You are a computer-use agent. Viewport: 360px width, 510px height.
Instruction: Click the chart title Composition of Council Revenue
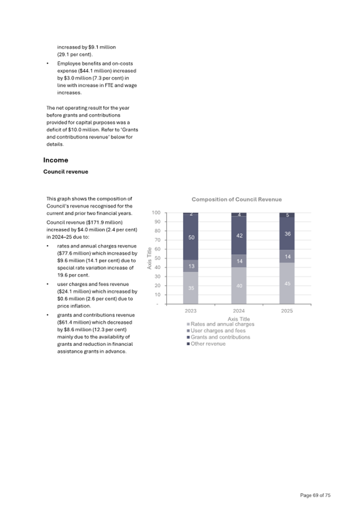tap(237, 199)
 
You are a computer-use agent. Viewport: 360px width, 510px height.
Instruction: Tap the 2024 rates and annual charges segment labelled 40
tap(239, 286)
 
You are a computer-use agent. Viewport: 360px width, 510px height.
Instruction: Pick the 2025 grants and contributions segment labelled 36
tap(287, 233)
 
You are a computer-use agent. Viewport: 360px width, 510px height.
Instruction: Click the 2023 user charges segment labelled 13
tap(191, 266)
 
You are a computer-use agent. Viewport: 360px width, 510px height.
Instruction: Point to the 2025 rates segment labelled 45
tap(287, 284)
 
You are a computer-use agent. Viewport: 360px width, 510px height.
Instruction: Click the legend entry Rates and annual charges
tap(222, 325)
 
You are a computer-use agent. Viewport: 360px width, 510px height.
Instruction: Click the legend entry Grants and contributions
tap(220, 337)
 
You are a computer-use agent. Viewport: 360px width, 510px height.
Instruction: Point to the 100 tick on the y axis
tap(157, 213)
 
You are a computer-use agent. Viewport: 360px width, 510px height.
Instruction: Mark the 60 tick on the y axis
tap(158, 249)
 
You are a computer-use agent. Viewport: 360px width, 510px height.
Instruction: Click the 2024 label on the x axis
tap(239, 310)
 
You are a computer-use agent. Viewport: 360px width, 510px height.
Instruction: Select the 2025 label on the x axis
tap(287, 310)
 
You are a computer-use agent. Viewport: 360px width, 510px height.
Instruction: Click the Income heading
tap(55, 160)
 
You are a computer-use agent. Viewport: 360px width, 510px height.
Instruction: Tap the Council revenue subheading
tap(66, 172)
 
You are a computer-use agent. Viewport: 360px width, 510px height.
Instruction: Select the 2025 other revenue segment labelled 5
tap(287, 215)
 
